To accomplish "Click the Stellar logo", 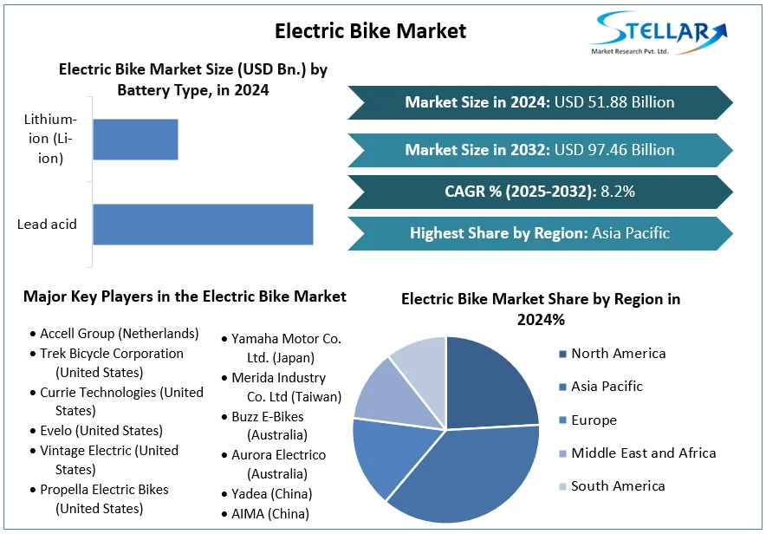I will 658,33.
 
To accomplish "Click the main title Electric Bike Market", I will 370,31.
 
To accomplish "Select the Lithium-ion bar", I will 135,140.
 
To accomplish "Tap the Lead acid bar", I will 203,225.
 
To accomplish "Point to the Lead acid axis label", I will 47,225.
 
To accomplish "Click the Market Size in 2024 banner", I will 539,102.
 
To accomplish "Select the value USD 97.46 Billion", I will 614,150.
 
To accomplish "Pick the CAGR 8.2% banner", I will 539,192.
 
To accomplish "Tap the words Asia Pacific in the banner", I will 631,233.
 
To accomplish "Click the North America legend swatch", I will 563,354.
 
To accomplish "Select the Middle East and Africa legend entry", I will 643,453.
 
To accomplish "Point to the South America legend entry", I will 618,486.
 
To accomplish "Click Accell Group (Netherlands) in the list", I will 119,334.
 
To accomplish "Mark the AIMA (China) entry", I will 269,514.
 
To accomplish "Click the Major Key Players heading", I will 185,296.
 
